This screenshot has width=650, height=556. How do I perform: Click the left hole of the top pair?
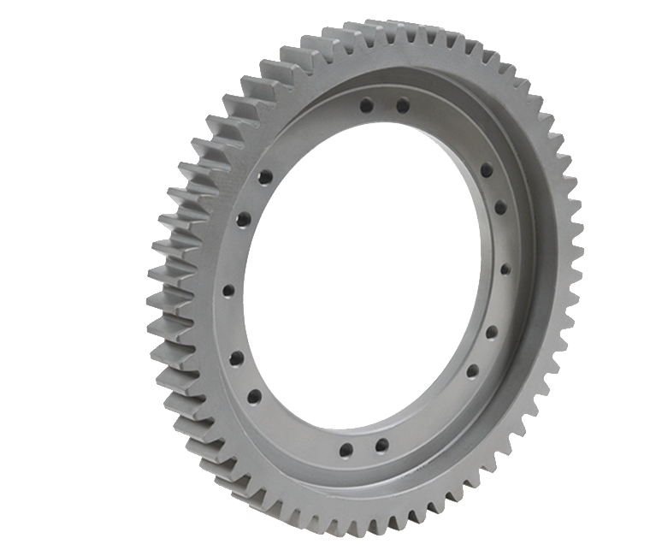pos(366,106)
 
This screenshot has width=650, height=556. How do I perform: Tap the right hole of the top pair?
pos(402,106)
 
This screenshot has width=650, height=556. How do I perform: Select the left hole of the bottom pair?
pos(346,449)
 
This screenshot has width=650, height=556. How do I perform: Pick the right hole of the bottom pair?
pos(381,446)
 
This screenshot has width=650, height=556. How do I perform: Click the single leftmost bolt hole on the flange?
pos(228,291)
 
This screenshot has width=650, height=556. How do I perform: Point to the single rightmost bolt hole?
pos(505,269)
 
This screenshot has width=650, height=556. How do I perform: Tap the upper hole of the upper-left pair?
pos(265,177)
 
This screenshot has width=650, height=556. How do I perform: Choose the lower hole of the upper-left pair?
pos(244,220)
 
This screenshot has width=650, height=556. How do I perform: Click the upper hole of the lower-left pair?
pos(236,358)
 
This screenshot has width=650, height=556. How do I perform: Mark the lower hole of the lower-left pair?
pos(254,396)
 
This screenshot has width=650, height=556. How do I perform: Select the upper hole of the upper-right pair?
pos(486,170)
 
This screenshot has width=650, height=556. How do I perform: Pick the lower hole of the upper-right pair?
pos(500,208)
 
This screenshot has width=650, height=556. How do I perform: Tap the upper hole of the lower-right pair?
pos(492,332)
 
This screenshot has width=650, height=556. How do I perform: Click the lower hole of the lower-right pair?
pos(472,371)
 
